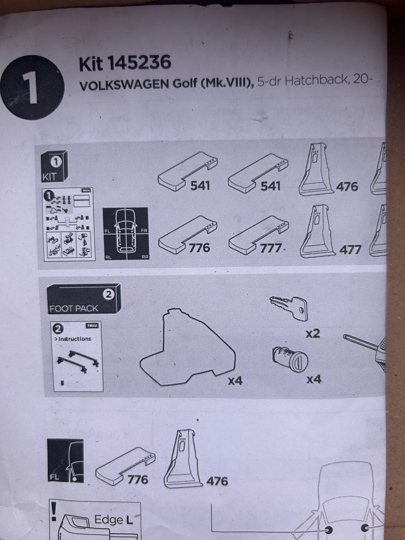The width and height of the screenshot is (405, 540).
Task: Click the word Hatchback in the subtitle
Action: pyautogui.click(x=316, y=81)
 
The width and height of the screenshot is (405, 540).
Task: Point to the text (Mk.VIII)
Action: pyautogui.click(x=227, y=83)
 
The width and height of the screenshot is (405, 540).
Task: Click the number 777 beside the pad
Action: pyautogui.click(x=270, y=248)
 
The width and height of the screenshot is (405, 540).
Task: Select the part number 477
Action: pyautogui.click(x=350, y=250)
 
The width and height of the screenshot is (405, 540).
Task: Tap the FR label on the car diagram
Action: pyautogui.click(x=144, y=231)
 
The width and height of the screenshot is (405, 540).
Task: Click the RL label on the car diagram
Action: pyautogui.click(x=108, y=256)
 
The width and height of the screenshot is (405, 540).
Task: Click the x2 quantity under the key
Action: pyautogui.click(x=313, y=333)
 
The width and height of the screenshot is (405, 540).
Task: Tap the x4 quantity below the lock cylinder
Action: pyautogui.click(x=313, y=379)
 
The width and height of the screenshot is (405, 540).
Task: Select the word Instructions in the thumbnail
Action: pyautogui.click(x=75, y=339)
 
